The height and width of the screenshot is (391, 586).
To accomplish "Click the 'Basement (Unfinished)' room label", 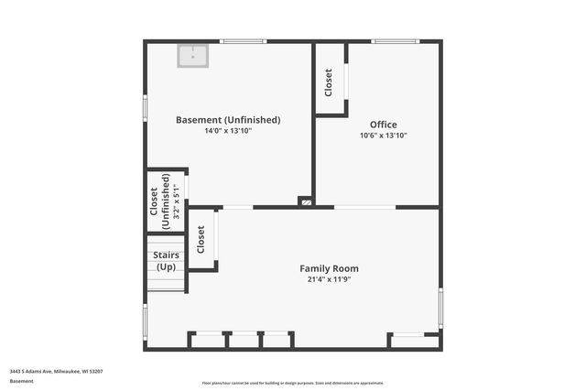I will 228,120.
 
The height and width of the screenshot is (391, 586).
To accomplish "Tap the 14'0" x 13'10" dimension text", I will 228,131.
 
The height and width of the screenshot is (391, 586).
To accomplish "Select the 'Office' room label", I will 383,125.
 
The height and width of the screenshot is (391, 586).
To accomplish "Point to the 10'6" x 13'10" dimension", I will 383,136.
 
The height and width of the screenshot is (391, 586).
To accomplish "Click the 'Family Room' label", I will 330,268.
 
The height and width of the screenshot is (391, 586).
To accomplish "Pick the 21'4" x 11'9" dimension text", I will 330,279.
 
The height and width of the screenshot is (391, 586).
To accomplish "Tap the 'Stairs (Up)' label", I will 166,261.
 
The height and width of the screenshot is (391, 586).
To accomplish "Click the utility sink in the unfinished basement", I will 192,57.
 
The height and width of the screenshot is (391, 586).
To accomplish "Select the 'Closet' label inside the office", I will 329,81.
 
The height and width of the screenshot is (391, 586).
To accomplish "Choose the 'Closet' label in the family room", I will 201,240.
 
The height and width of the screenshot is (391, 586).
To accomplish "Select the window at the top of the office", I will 395,41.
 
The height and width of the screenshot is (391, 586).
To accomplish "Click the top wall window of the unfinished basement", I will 244,41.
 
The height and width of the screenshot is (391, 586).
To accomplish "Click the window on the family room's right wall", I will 440,307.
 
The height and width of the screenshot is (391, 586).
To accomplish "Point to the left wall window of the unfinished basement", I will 145,107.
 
